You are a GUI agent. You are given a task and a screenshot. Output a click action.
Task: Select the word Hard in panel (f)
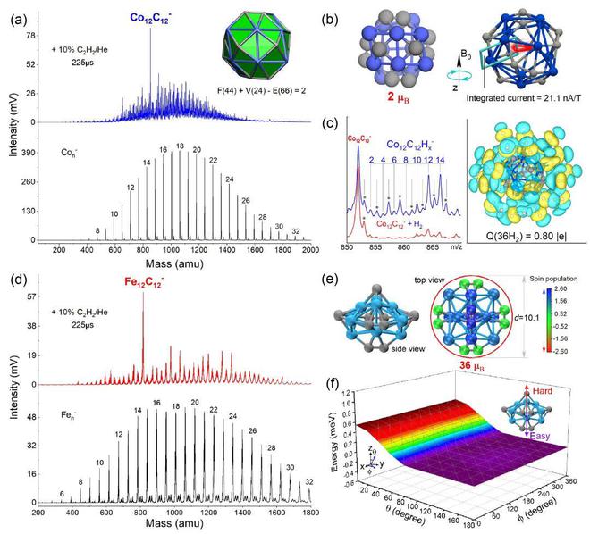(554, 392)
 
